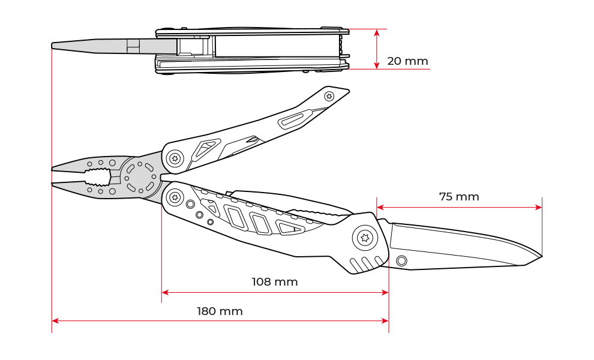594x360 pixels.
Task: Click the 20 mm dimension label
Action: pyautogui.click(x=407, y=61)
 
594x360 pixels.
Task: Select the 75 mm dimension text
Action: pyautogui.click(x=459, y=197)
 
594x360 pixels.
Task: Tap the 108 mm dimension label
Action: pyautogui.click(x=275, y=282)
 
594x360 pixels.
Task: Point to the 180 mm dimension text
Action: pyautogui.click(x=220, y=312)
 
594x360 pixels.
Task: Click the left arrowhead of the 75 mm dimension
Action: pyautogui.click(x=380, y=208)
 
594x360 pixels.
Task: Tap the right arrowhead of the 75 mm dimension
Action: pyautogui.click(x=538, y=208)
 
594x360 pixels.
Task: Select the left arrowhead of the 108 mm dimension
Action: pyautogui.click(x=165, y=292)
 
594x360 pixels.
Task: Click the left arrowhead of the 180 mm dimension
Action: pyautogui.click(x=55, y=321)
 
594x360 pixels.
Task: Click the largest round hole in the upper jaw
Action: pyautogui.click(x=112, y=163)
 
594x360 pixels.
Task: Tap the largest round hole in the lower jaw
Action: pyautogui.click(x=112, y=192)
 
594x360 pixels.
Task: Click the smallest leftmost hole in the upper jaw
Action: pyautogui.click(x=89, y=164)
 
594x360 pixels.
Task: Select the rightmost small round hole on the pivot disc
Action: pyautogui.click(x=154, y=177)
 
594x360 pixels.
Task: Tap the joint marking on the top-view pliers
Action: pyautogui.click(x=133, y=46)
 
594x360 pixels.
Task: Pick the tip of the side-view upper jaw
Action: pyautogui.click(x=55, y=170)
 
